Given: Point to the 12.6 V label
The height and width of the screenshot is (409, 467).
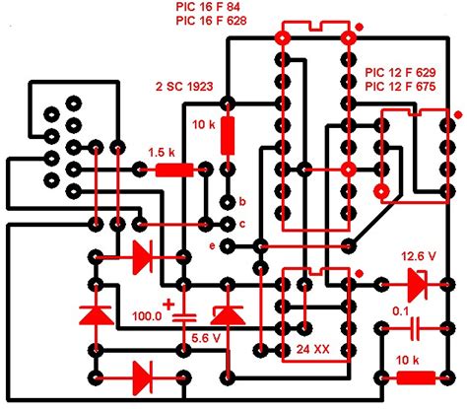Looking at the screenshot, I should (419, 257).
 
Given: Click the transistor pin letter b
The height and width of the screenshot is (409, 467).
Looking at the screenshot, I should (242, 200).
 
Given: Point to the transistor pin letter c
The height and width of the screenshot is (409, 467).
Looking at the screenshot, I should (242, 222).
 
